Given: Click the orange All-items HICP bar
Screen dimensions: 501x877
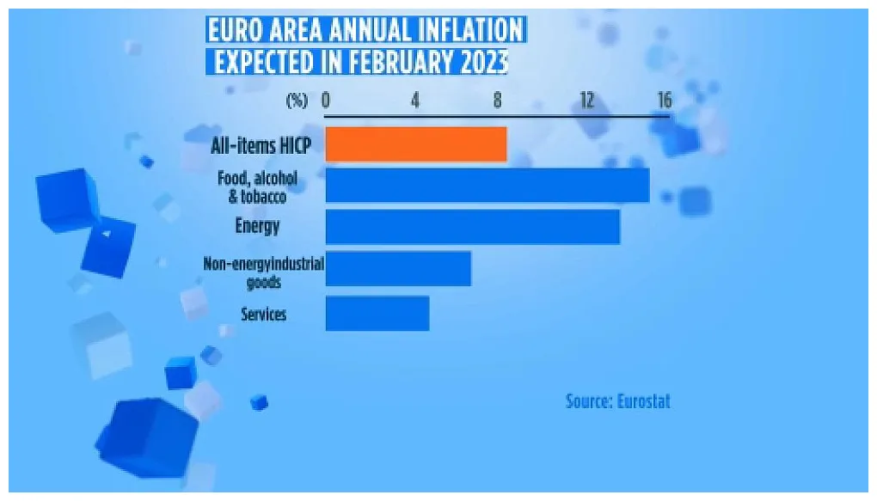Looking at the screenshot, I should (415, 144).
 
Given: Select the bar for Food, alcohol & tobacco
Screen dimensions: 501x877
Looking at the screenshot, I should (487, 186).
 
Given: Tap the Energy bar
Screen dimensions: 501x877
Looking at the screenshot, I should (472, 227).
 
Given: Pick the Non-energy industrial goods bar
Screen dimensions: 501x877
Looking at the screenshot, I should (398, 269).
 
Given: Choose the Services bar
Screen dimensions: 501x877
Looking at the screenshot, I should (377, 313).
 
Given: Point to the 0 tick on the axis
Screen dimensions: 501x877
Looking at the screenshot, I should (326, 101).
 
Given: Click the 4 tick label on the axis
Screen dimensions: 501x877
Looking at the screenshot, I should (415, 101).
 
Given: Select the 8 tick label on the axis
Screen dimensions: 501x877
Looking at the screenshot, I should (498, 101).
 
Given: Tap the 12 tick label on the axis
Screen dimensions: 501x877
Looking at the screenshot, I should (586, 101).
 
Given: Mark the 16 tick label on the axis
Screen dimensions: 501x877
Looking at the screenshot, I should (664, 101).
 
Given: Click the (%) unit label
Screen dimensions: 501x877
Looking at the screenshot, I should (297, 101).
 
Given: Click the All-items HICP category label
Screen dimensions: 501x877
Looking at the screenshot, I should (261, 145).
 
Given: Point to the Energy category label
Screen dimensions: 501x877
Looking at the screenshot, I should (257, 226).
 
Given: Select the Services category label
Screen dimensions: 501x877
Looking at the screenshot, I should (263, 314).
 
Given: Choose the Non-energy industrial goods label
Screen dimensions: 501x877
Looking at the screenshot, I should (263, 272).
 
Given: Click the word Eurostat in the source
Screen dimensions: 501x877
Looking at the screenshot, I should (643, 401).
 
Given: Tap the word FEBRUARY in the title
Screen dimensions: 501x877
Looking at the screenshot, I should (396, 63).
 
